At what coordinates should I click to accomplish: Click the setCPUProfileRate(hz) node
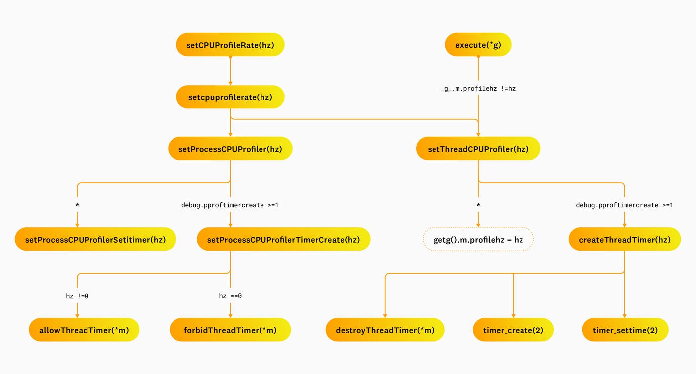coord(230,45)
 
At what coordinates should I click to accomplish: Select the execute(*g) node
coord(478,45)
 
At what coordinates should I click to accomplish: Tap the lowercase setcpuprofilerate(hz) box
coord(230,97)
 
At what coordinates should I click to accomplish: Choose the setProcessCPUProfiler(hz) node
coord(230,149)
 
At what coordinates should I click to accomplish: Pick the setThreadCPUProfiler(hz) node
coord(478,149)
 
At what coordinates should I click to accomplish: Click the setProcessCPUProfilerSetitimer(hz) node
coord(95,240)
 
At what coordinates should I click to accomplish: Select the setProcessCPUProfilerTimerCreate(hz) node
coord(283,240)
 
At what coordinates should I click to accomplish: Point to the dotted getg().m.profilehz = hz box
coord(478,240)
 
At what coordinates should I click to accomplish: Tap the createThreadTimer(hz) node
coord(624,240)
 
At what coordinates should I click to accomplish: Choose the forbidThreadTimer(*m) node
coord(230,330)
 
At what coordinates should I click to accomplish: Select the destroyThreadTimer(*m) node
coord(385,330)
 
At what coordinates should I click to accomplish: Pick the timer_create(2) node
coord(513,330)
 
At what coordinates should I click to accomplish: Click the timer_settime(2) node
coord(625,330)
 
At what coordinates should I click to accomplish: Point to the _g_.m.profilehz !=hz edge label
coord(478,89)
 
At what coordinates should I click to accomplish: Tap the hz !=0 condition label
coord(77,296)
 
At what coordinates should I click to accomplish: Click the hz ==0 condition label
coord(230,296)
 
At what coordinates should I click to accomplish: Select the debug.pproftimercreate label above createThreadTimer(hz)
coord(624,205)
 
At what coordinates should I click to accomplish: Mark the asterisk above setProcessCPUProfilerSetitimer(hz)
coord(77,205)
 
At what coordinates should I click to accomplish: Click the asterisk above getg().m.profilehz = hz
coord(478,205)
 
